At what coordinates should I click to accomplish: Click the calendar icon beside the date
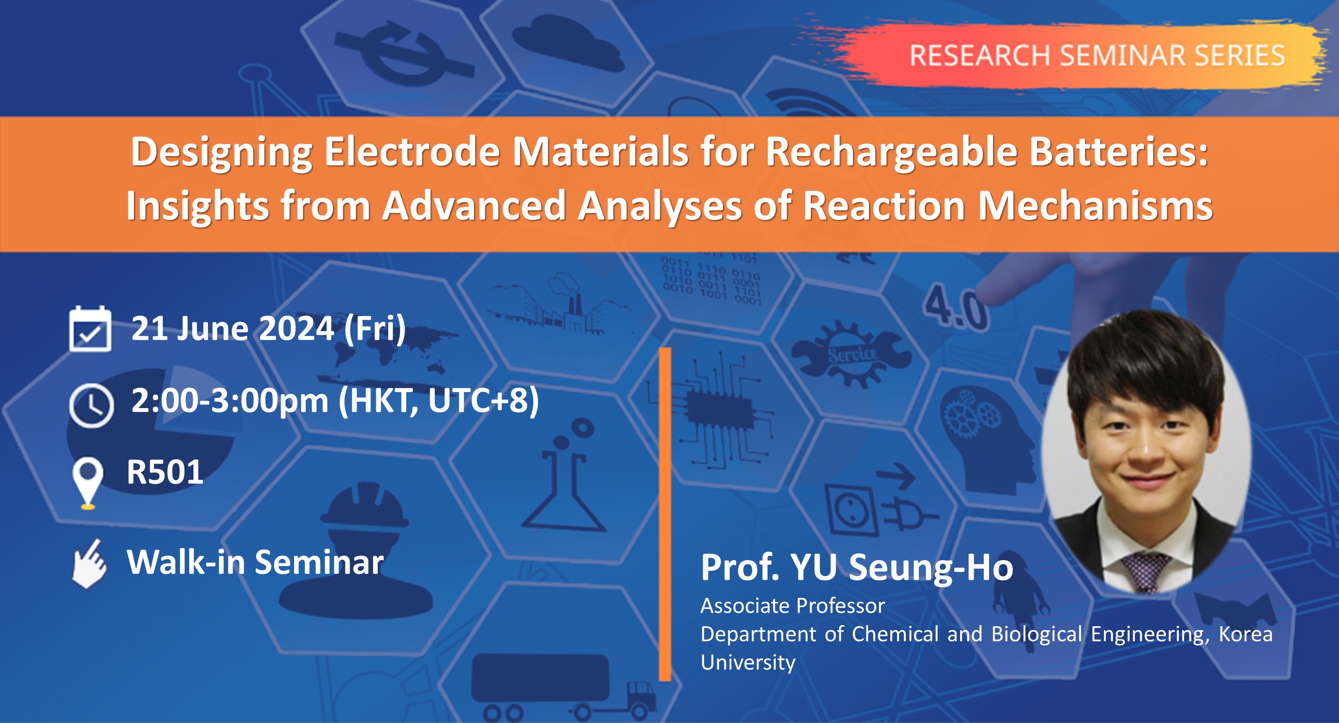(x=90, y=329)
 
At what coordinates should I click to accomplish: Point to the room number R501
(x=165, y=472)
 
